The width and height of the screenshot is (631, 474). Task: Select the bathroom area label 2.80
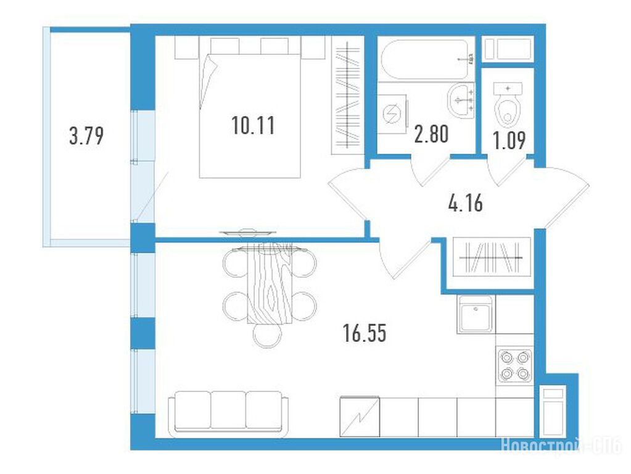click(x=431, y=134)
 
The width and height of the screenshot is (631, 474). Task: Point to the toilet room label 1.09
click(x=509, y=141)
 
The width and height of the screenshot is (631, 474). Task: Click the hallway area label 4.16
click(x=465, y=203)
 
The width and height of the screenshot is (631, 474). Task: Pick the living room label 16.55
click(x=365, y=333)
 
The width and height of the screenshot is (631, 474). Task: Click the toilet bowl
click(x=508, y=104)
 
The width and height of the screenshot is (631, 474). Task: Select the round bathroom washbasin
click(x=461, y=101)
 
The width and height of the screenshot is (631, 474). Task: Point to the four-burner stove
click(x=514, y=366)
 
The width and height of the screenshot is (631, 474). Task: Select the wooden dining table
click(x=269, y=283)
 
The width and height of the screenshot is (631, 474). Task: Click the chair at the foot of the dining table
click(x=268, y=335)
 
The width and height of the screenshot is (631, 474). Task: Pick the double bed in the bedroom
click(x=250, y=115)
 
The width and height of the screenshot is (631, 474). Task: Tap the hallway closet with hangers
click(x=492, y=257)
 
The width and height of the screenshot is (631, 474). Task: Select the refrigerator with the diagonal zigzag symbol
click(x=360, y=417)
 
